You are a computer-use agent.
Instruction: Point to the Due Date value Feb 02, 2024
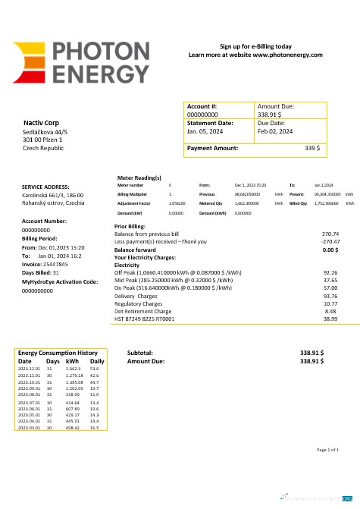tap(275, 131)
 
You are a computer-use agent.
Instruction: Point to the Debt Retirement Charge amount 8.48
tap(330, 311)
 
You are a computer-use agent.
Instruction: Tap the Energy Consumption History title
tap(58, 353)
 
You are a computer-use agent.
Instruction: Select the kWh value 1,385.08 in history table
tap(74, 382)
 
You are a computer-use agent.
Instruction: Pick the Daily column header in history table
tap(97, 361)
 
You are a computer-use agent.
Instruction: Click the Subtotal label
tap(140, 353)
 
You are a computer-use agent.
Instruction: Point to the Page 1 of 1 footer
tap(327, 450)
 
